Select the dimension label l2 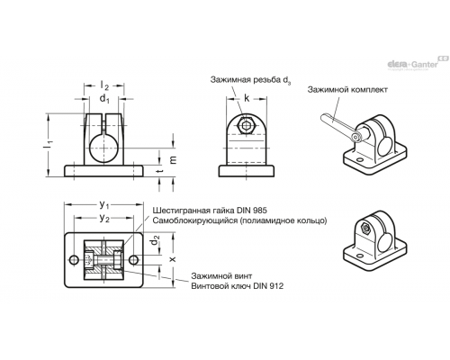pyautogui.click(x=104, y=85)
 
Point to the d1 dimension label pyautogui.click(x=104, y=98)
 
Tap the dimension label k pyautogui.click(x=247, y=98)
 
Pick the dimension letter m pyautogui.click(x=173, y=159)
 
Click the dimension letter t pyautogui.click(x=161, y=171)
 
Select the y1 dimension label pyautogui.click(x=104, y=205)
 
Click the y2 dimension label pyautogui.click(x=104, y=219)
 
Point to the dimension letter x pyautogui.click(x=173, y=259)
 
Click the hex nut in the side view pyautogui.click(x=247, y=126)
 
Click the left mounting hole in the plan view pyautogui.click(x=74, y=259)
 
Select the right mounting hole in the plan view pyautogui.click(x=134, y=259)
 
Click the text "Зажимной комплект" pyautogui.click(x=347, y=89)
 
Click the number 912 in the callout pyautogui.click(x=275, y=286)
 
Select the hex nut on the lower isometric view pyautogui.click(x=365, y=229)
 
